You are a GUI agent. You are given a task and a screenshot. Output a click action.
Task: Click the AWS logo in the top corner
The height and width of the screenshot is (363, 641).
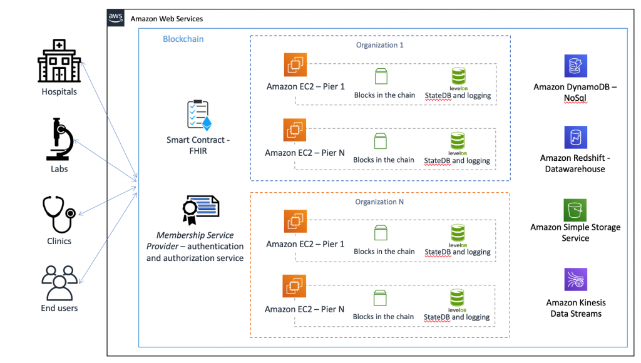pos(116,18)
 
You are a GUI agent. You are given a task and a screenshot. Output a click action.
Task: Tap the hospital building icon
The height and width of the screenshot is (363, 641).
pos(59,61)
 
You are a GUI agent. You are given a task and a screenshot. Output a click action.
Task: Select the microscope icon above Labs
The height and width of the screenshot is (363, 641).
pos(59,140)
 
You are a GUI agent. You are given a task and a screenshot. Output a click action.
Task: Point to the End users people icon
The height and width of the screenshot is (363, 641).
pos(59,282)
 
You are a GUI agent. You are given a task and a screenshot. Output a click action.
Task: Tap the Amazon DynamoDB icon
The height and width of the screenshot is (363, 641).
pos(575,66)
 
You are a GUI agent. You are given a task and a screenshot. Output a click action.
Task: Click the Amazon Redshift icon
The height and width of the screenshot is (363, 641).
pos(575,138)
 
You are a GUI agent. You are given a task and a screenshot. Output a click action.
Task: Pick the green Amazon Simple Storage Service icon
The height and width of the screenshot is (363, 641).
pos(575,210)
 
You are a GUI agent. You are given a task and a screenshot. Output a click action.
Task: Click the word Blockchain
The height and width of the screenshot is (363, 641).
pos(183,39)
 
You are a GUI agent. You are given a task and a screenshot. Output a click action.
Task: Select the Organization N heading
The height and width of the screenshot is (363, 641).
pos(379,202)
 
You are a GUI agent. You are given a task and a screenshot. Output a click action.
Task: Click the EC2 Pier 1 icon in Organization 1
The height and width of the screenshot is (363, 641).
pos(294,65)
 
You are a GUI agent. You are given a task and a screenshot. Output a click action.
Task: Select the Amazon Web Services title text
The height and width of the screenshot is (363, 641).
pos(167,19)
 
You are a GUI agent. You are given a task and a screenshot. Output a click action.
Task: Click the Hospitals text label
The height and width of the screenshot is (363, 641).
pos(59,91)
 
